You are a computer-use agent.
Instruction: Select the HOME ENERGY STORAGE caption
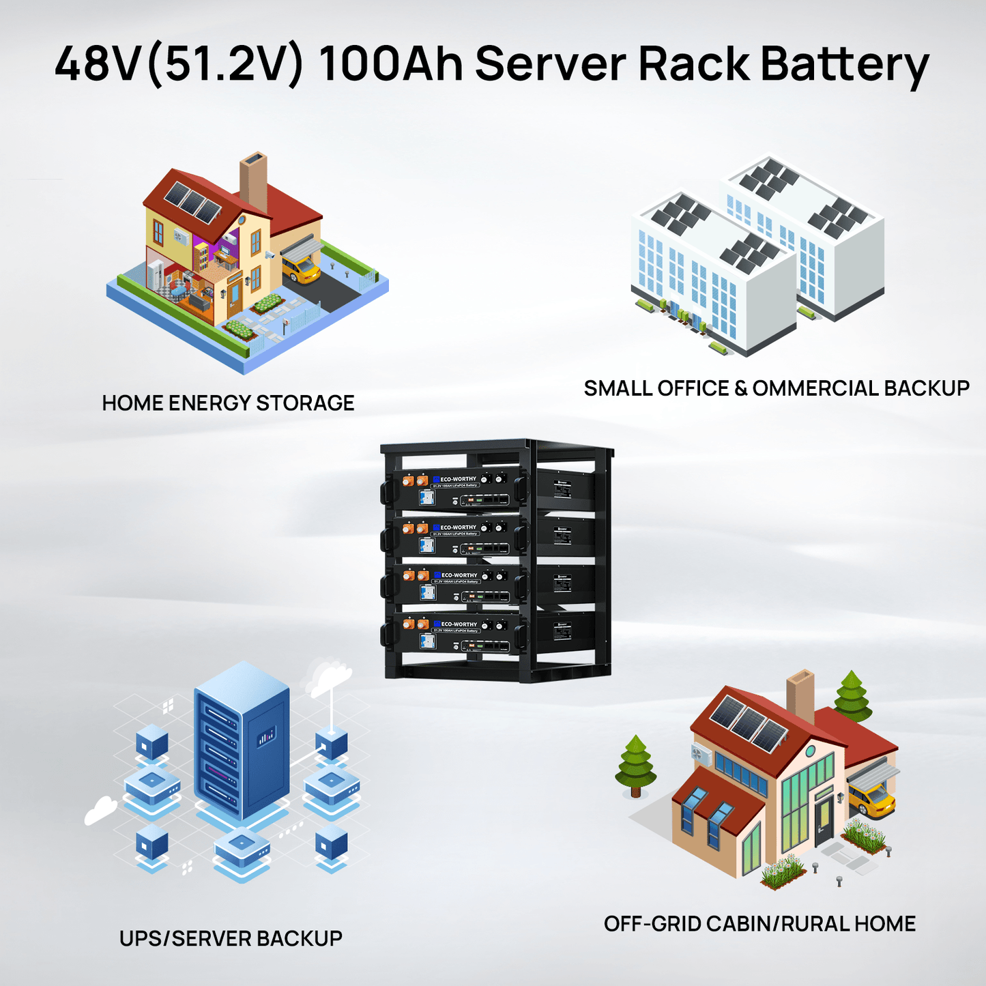tap(228, 403)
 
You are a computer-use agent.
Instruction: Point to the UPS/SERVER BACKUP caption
tap(231, 938)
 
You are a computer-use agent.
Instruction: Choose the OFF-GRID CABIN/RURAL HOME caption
tap(759, 923)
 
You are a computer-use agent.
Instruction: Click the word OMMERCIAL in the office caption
tap(815, 388)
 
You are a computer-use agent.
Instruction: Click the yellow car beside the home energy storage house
tap(302, 269)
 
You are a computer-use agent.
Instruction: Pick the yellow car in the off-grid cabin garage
tap(874, 798)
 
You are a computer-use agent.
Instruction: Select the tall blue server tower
tap(242, 740)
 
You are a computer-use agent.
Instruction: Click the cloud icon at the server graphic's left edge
tap(101, 811)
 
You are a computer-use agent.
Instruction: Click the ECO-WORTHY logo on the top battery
tap(458, 479)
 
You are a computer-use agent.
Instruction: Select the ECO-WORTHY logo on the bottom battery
tap(458, 624)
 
